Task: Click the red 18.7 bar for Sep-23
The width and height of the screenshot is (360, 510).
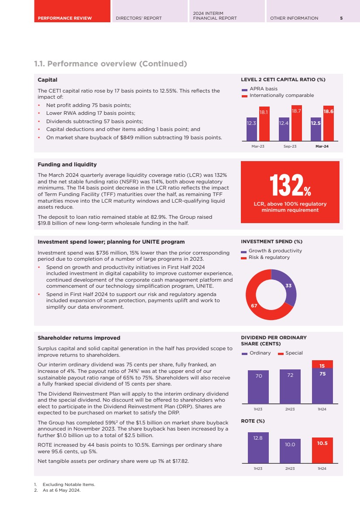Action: [x=297, y=123]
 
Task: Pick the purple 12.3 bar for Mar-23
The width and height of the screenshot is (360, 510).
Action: [x=252, y=129]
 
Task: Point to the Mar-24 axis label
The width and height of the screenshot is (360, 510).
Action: [x=322, y=146]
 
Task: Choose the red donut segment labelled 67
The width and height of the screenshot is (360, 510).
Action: [x=257, y=301]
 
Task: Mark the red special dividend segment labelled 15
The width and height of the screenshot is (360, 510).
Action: [x=322, y=365]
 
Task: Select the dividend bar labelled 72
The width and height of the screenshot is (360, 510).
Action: [x=290, y=386]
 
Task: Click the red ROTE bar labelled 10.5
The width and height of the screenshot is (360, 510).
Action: [x=322, y=450]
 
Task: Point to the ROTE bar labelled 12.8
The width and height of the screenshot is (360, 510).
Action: [x=258, y=448]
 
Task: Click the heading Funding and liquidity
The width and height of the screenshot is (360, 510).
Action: [x=67, y=165]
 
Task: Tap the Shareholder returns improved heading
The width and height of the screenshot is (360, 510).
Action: [x=79, y=338]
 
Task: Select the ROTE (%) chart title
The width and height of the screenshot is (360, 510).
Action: [x=253, y=421]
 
